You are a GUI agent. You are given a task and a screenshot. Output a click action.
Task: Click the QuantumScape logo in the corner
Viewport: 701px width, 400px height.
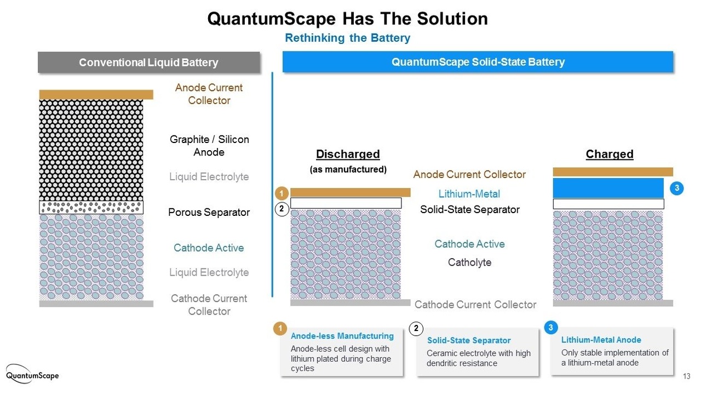32,374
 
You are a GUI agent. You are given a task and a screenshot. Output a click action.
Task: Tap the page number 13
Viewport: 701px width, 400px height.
686,376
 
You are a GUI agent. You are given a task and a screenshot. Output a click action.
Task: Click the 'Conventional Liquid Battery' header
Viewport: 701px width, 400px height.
148,62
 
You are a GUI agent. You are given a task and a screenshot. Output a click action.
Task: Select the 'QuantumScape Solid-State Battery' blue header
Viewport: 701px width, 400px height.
478,62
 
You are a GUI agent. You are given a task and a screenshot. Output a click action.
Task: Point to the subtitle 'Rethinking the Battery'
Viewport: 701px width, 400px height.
347,38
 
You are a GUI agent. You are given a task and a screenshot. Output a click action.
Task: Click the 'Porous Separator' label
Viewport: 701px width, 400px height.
209,212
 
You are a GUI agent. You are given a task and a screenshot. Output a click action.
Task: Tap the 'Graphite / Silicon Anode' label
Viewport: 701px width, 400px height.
209,146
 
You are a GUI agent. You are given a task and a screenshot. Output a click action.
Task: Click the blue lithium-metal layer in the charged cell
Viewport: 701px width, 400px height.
608,188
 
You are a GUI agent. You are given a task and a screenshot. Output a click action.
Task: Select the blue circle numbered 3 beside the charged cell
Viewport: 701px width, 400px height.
676,188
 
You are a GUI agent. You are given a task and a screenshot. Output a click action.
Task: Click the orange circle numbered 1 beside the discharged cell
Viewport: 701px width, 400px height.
281,193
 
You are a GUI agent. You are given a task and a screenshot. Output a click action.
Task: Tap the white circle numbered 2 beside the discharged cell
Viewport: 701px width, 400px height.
281,209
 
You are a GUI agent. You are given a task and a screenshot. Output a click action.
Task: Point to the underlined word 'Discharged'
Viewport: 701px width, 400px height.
348,154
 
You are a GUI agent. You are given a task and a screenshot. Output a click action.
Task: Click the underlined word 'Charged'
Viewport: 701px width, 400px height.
610,154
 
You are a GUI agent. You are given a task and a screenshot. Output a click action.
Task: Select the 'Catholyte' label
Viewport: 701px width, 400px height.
469,262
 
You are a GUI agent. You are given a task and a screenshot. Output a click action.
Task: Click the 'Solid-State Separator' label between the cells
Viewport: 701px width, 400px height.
469,209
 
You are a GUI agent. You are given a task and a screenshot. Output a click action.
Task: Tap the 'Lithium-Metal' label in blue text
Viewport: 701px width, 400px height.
469,194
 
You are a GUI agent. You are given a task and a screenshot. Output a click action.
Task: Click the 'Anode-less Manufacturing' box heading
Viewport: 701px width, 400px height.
342,336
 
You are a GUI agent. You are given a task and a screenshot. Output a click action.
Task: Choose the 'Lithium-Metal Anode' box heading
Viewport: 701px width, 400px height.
601,340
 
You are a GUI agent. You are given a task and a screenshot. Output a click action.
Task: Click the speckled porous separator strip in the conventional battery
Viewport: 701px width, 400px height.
91,207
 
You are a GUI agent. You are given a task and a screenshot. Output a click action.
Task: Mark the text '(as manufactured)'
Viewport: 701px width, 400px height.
348,169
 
